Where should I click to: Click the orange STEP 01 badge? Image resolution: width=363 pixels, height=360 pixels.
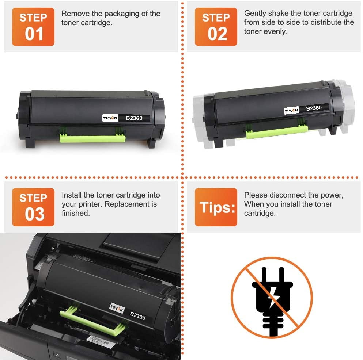click(x=33, y=27)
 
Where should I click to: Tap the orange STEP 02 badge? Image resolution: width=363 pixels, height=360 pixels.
click(x=216, y=27)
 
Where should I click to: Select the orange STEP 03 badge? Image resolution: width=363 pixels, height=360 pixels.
click(x=33, y=207)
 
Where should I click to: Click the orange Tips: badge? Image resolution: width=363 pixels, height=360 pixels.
click(x=216, y=207)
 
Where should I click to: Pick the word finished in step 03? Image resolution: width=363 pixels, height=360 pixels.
click(x=76, y=213)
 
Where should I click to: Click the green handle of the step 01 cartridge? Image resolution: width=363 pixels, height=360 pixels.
click(x=91, y=138)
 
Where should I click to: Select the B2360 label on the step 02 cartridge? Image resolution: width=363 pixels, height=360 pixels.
click(x=314, y=108)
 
